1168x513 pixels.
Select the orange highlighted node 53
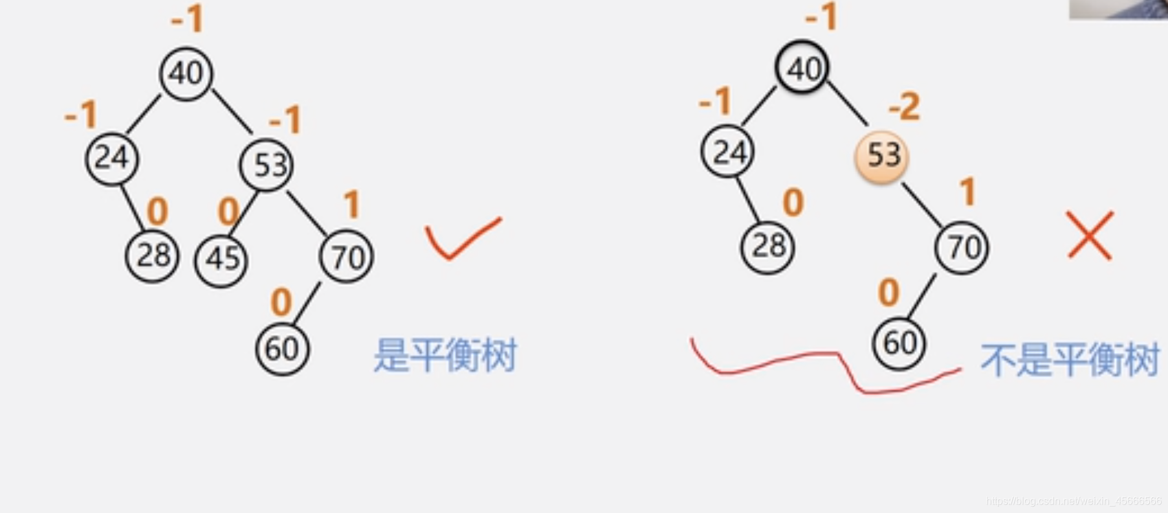click(882, 156)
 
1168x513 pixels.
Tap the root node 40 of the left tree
click(186, 73)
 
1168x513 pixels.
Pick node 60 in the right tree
click(899, 343)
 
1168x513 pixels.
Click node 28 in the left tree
click(152, 255)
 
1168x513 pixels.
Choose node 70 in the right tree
click(962, 247)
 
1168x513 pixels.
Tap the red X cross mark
click(1090, 235)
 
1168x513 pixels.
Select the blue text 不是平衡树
click(1069, 360)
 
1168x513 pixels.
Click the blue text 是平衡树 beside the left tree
click(445, 355)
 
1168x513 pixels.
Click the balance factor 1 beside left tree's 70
click(351, 205)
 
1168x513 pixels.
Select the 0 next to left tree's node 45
click(228, 211)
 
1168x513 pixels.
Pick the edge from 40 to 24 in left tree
click(143, 115)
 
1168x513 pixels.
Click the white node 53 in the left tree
click(266, 165)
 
